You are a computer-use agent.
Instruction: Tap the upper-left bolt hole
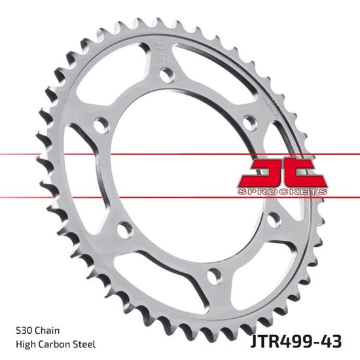coord(99,122)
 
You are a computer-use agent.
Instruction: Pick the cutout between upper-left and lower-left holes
coord(85,177)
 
